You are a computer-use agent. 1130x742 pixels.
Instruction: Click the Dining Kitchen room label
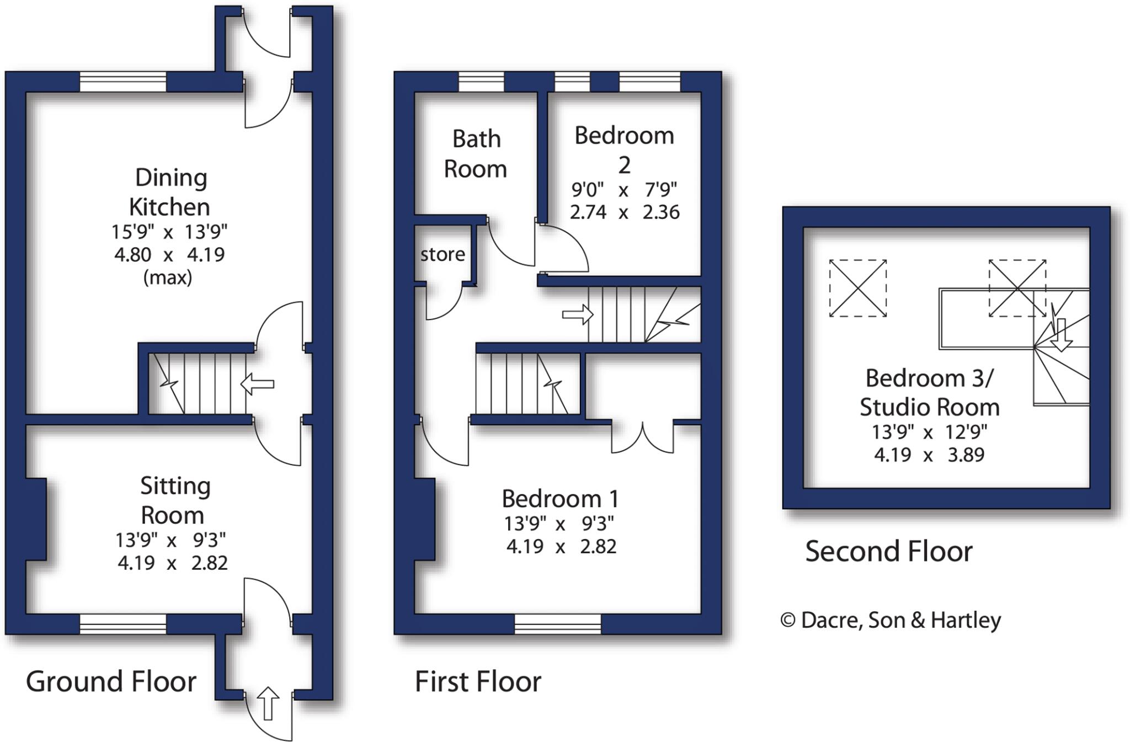169,193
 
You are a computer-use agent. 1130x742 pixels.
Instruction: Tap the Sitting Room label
174,500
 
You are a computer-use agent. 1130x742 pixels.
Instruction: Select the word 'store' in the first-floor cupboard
443,254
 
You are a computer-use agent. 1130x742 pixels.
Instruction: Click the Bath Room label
476,154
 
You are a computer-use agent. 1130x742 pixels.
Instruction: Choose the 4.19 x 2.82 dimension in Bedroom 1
561,547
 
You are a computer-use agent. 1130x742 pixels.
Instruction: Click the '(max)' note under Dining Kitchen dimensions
168,277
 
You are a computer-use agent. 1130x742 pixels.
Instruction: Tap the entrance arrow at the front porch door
269,703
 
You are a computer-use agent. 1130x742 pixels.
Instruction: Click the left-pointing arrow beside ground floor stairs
257,383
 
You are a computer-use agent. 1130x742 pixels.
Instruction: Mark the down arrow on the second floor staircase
1060,335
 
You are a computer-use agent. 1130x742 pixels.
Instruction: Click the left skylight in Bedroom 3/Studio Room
857,288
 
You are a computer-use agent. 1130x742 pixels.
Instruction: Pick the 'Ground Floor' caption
111,681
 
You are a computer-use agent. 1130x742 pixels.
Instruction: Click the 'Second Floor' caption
888,551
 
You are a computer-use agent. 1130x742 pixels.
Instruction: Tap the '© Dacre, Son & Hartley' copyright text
890,620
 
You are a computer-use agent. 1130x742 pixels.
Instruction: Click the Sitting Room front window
122,624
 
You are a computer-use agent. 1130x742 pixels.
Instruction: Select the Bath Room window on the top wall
481,82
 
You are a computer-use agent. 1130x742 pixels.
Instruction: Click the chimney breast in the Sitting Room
36,519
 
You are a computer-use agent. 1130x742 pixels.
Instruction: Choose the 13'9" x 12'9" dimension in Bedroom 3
929,431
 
